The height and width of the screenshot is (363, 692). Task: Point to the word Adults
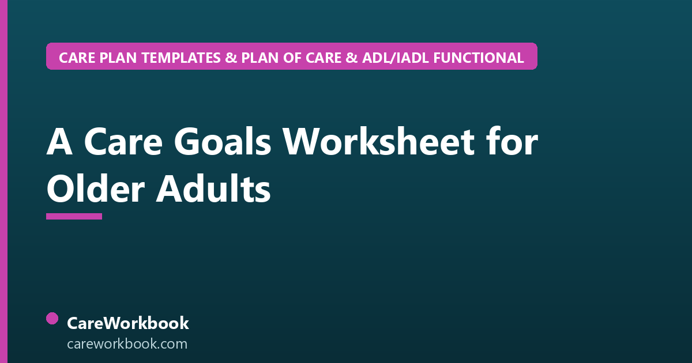[x=213, y=188]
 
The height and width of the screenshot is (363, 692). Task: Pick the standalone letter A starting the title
[x=59, y=142]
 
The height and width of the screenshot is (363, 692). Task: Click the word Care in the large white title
[x=123, y=142]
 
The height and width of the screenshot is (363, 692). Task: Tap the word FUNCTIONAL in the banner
[x=479, y=58]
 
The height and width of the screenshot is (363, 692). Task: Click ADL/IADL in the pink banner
[x=396, y=58]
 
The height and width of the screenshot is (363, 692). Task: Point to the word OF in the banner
[x=292, y=58]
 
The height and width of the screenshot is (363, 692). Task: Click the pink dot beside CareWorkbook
[x=52, y=319]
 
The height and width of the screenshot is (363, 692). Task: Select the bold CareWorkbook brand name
[x=128, y=323]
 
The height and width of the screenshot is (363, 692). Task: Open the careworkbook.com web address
[x=127, y=344]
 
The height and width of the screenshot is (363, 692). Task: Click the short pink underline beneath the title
[x=74, y=217]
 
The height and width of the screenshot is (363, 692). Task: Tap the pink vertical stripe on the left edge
[x=3, y=181]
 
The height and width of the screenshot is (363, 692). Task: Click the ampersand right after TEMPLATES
[x=231, y=58]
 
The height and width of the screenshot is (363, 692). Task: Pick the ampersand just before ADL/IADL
[x=352, y=58]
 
